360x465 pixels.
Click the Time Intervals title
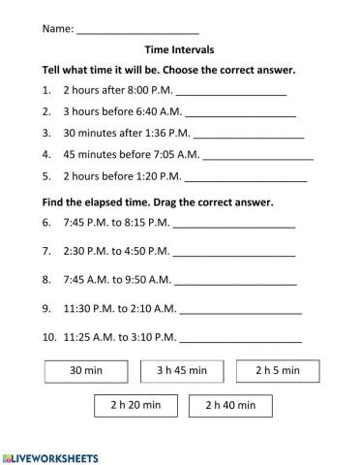tap(179, 50)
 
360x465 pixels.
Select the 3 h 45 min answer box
tap(182, 370)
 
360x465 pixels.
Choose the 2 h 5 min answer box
tap(278, 370)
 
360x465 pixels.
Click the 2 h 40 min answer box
tap(231, 405)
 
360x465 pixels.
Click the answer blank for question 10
tap(241, 339)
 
